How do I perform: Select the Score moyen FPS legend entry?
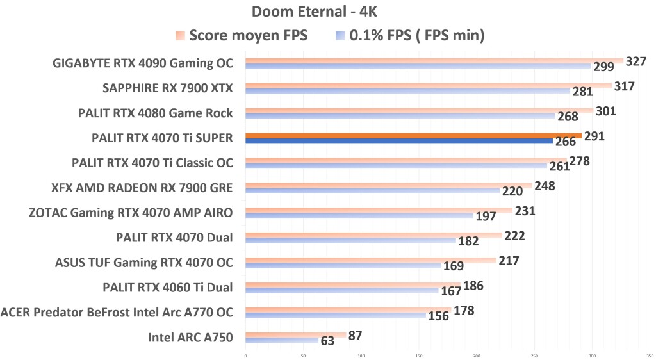(x=242, y=36)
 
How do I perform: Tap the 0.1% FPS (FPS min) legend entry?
(x=408, y=36)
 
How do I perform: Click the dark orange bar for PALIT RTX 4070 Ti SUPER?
(x=413, y=135)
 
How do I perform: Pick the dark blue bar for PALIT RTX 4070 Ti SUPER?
(x=398, y=141)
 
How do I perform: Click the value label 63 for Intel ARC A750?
(x=327, y=341)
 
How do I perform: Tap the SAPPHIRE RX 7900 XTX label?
(x=168, y=88)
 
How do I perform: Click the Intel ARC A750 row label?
(x=190, y=337)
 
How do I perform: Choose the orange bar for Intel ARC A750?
(x=295, y=334)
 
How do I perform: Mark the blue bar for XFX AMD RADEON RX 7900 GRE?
(x=372, y=190)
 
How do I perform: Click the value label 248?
(x=545, y=186)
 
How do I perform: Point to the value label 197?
(x=486, y=217)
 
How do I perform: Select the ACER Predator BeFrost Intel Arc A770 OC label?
(x=117, y=312)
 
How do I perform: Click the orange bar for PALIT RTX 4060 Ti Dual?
(x=353, y=285)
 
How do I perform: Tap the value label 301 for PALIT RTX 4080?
(x=605, y=111)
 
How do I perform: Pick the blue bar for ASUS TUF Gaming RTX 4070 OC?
(x=343, y=265)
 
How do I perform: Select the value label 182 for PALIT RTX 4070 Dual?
(x=468, y=241)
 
